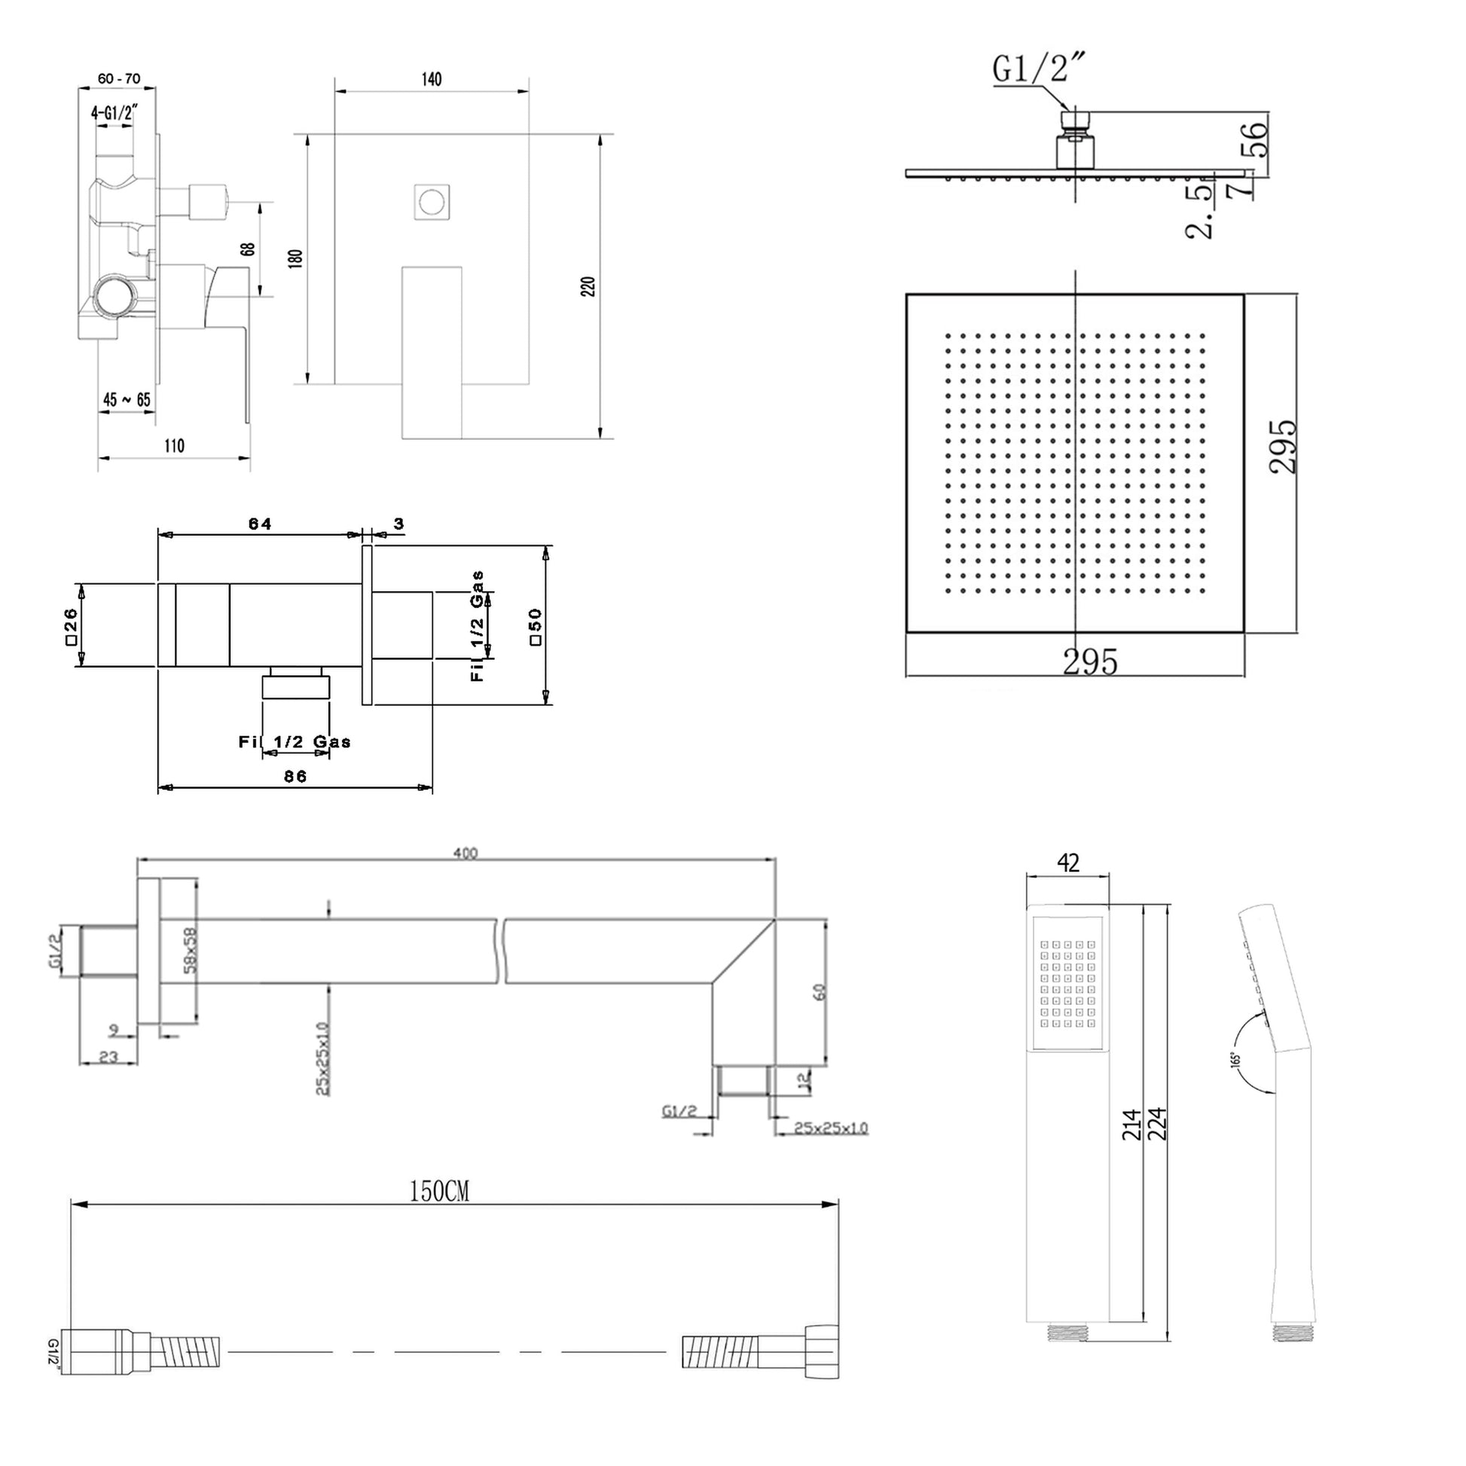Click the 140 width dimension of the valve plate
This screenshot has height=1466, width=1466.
[431, 80]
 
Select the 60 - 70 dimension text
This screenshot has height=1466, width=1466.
[119, 79]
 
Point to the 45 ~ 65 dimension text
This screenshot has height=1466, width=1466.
[127, 400]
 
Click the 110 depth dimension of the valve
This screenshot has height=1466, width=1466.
[174, 446]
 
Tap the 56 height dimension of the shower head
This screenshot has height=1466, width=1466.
[1257, 139]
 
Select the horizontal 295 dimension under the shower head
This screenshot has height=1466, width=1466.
[1089, 662]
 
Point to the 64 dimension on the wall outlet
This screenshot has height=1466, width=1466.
[259, 524]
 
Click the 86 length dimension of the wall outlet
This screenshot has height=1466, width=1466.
[295, 776]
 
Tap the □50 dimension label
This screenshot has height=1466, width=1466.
[536, 626]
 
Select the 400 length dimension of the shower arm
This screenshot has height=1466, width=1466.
[465, 854]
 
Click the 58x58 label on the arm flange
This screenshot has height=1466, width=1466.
[190, 950]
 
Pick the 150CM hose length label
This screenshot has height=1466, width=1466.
[439, 1192]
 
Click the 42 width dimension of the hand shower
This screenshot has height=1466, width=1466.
[1067, 863]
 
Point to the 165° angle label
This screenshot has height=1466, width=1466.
[1235, 1058]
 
